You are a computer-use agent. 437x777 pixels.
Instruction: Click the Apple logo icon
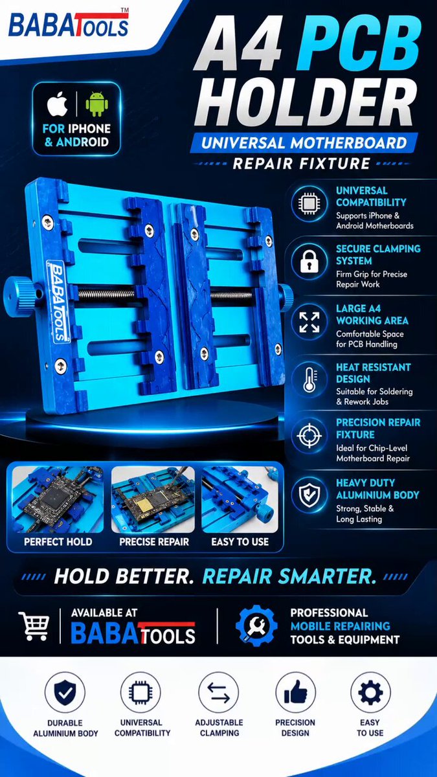tap(58, 104)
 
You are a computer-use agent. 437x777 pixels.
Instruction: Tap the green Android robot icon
tap(96, 104)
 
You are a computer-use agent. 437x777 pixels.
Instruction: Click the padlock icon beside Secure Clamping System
tap(309, 261)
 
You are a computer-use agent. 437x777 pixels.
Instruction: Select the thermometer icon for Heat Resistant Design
tap(309, 379)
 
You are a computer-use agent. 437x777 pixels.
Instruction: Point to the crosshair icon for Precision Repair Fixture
tap(309, 436)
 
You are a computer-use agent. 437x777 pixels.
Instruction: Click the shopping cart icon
tap(34, 626)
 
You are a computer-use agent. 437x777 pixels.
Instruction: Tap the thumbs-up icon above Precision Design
tap(296, 692)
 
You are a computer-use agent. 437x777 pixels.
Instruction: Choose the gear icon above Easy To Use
tap(370, 692)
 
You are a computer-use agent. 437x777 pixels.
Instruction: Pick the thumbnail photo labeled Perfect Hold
tap(58, 499)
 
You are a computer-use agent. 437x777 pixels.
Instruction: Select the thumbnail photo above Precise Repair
tap(153, 499)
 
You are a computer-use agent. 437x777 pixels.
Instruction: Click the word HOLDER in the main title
tap(306, 102)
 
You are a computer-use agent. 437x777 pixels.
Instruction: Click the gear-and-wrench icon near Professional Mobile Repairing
tap(256, 625)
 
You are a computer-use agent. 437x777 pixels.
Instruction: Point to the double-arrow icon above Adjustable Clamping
tap(219, 692)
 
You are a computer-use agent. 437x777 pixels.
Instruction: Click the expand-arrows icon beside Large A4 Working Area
tap(309, 322)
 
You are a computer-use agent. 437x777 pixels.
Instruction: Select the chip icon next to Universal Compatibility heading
tap(309, 203)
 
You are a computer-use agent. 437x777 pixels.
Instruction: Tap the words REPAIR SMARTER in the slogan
tap(289, 576)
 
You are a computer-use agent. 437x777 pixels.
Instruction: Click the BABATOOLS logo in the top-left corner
tap(69, 25)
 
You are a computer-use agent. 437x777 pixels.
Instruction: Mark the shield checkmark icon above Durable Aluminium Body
tap(65, 693)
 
